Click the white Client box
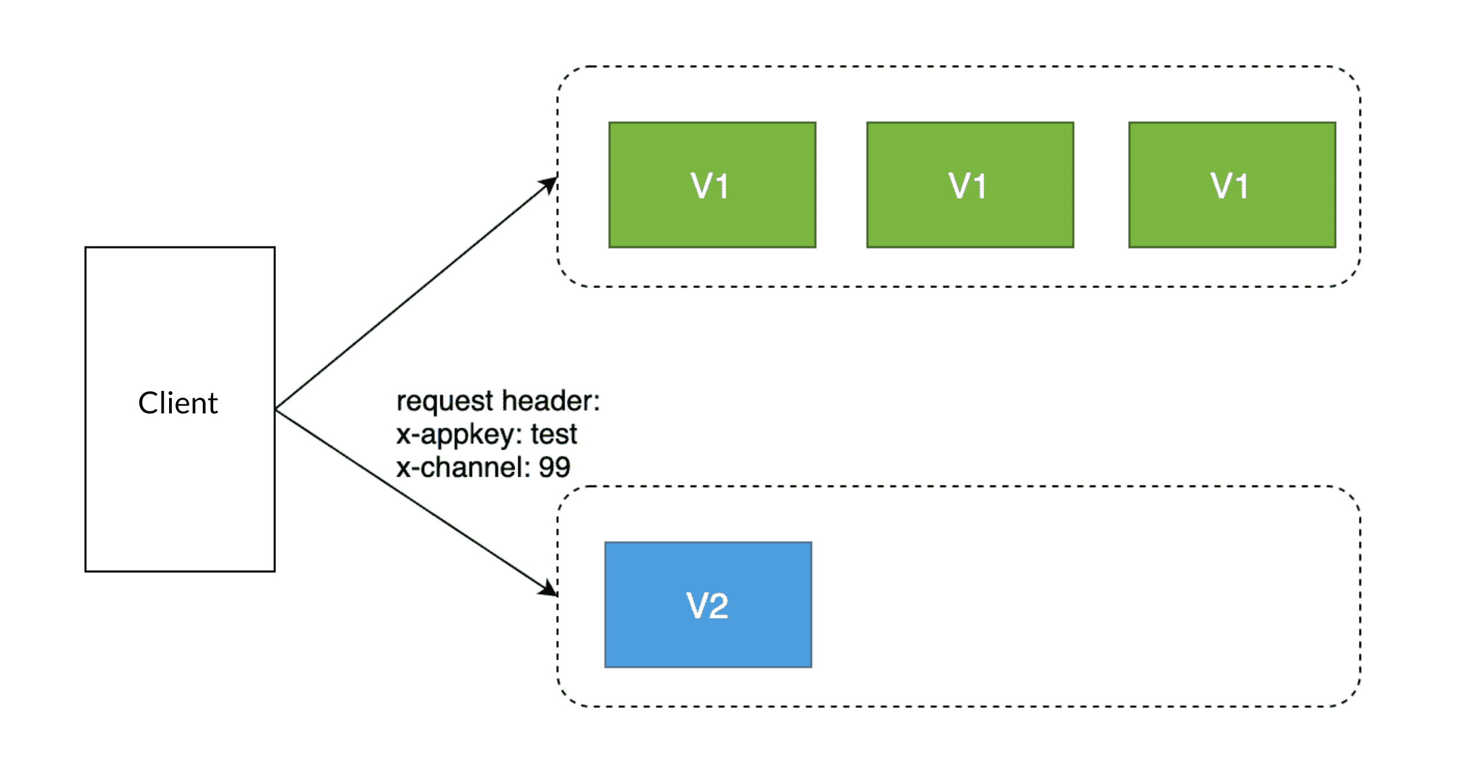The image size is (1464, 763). [x=180, y=409]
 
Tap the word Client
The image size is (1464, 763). [x=178, y=403]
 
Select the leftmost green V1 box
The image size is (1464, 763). [x=712, y=185]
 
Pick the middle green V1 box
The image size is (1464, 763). [x=970, y=185]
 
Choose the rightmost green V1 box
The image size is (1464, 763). [x=1232, y=185]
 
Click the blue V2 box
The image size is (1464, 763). [x=708, y=604]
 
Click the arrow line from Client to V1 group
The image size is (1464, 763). [x=417, y=293]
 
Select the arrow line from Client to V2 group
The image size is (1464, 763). [x=417, y=503]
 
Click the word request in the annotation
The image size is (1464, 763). [x=445, y=402]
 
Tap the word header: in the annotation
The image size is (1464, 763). [x=551, y=401]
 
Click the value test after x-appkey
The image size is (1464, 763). [x=554, y=434]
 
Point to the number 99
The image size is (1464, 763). [x=554, y=467]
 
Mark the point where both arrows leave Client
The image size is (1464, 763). [x=276, y=410]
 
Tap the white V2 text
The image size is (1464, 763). [x=707, y=606]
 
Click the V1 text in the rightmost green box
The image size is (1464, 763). [x=1229, y=186]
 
